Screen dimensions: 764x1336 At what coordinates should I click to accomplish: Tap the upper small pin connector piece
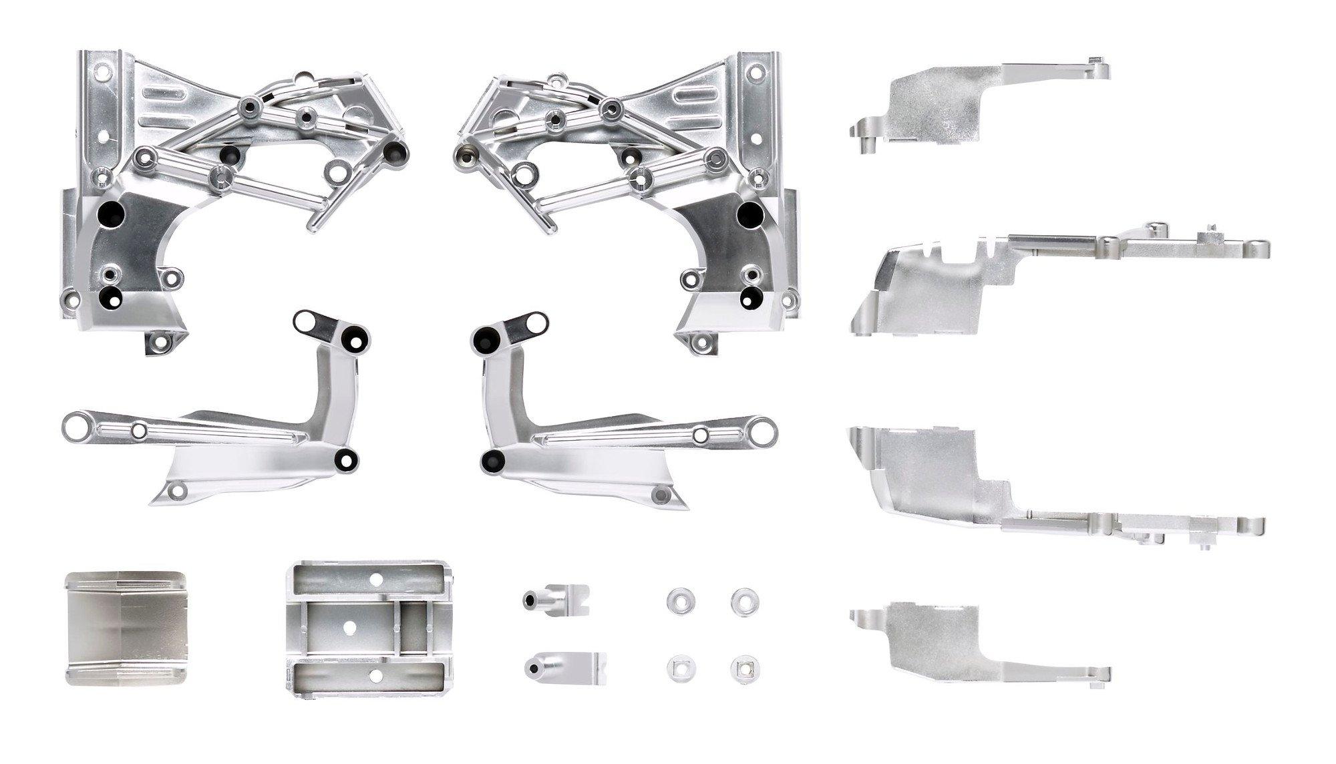556,598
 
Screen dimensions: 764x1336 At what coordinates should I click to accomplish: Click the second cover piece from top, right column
969,280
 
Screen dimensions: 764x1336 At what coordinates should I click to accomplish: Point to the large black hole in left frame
108,214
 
